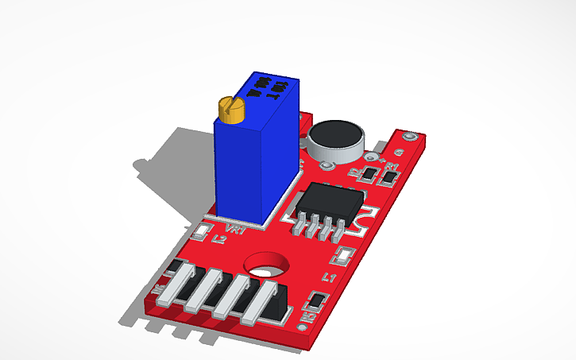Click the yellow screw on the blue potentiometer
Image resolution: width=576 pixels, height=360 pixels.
point(231,110)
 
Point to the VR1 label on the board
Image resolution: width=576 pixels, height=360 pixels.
point(236,230)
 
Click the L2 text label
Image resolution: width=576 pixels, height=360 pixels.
point(217,238)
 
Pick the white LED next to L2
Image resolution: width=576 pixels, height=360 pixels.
point(202,232)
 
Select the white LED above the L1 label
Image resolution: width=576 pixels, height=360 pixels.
point(344,256)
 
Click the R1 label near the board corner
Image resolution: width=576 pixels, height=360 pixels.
point(392,166)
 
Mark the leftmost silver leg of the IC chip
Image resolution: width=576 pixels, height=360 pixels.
point(300,227)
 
